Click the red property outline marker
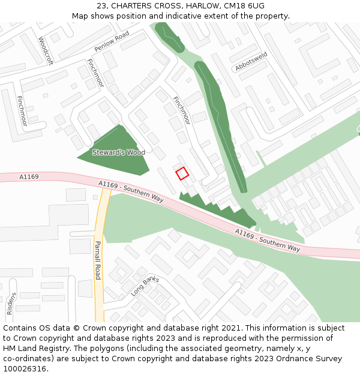coord(182,173)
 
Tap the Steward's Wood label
coord(119,152)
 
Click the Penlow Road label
coord(112,42)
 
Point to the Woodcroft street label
coord(45,50)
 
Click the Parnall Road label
coord(98,260)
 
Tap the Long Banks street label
coord(145,286)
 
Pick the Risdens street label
coord(11,304)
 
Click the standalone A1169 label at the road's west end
coord(29,177)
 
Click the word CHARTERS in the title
coord(132,6)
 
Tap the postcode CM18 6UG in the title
coord(244,6)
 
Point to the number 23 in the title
coord(101,6)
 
